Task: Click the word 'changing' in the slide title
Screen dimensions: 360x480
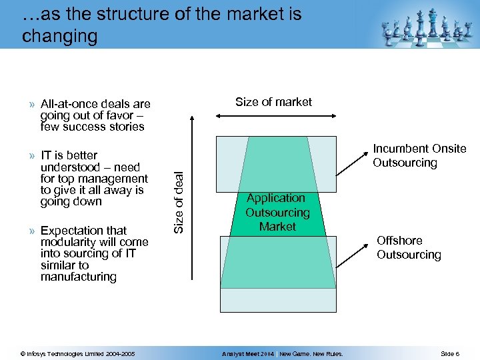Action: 59,35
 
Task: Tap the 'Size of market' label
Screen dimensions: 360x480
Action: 273,102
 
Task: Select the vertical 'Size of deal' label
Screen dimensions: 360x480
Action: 179,201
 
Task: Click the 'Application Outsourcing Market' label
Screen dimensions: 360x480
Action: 277,212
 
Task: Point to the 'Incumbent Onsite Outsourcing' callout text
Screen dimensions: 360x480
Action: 419,156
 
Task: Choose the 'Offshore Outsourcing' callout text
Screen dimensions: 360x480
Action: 409,247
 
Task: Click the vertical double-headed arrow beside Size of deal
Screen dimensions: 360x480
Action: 192,201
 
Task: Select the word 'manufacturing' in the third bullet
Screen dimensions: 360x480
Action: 78,277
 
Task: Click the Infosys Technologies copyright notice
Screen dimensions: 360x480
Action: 77,353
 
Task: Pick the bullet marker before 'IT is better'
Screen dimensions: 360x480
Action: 33,155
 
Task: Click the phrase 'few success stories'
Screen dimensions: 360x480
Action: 92,127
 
